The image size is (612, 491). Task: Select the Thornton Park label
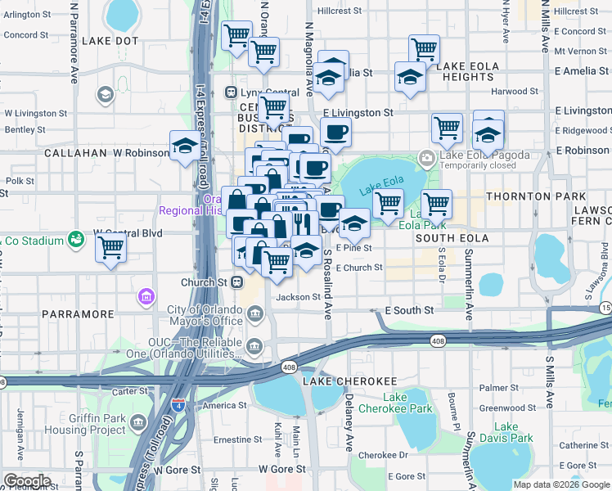[536, 197]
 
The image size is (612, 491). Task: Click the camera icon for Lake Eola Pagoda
[426, 157]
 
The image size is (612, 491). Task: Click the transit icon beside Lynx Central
[232, 92]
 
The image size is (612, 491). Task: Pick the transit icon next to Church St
[237, 282]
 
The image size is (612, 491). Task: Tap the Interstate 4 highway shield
[178, 405]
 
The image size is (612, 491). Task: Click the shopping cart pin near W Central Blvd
[111, 246]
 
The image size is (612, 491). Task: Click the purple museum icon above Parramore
[146, 295]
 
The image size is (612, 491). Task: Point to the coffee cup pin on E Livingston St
[335, 131]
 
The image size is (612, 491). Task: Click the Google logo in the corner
[26, 480]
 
